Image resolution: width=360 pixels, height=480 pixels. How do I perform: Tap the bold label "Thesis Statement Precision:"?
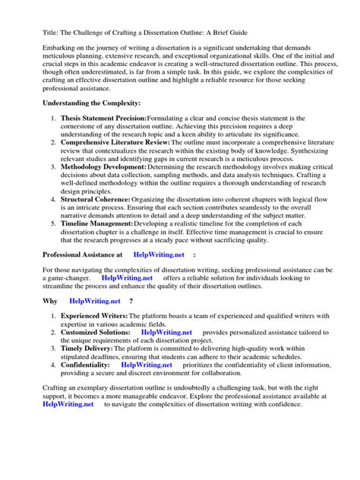(103, 118)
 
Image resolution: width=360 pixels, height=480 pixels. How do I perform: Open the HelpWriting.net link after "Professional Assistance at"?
(159, 255)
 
